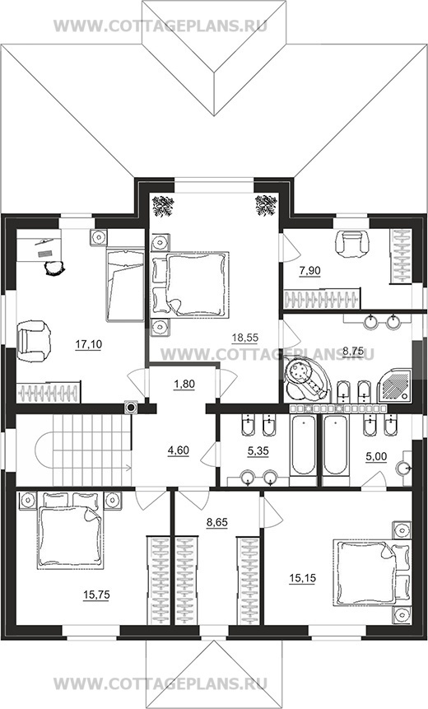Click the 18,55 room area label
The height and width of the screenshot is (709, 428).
[244, 337]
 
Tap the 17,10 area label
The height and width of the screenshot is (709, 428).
[89, 344]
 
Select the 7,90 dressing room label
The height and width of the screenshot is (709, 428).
[309, 271]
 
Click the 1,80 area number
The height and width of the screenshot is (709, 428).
[184, 385]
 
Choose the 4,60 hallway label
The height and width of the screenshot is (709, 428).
[178, 450]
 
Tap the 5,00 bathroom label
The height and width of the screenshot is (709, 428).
[376, 457]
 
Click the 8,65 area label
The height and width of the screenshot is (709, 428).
[217, 523]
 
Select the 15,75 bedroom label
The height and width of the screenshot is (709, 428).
[96, 595]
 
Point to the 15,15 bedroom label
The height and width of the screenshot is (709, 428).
[302, 578]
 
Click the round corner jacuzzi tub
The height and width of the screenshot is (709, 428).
[306, 379]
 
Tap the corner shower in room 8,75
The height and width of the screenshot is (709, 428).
[394, 385]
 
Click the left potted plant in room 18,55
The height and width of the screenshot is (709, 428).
[163, 206]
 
